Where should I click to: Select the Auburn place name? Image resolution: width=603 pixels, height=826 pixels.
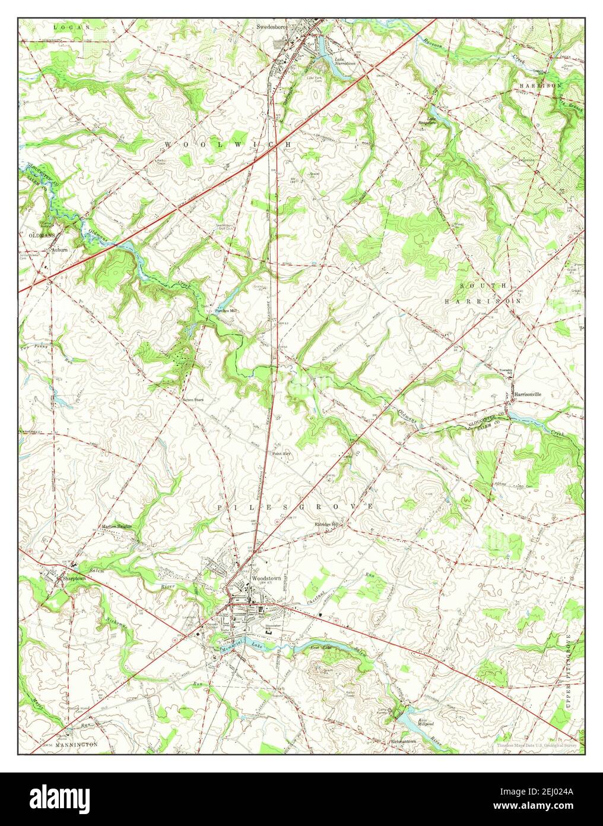[x=60, y=250]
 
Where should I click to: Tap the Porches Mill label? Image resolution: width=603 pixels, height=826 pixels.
[x=226, y=310]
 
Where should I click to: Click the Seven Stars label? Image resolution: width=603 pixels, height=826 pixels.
[x=193, y=400]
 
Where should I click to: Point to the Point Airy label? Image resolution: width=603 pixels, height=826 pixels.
[x=281, y=453]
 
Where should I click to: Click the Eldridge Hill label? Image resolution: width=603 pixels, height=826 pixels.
[x=329, y=525]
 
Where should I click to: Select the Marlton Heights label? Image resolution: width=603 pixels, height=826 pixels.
[x=116, y=527]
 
